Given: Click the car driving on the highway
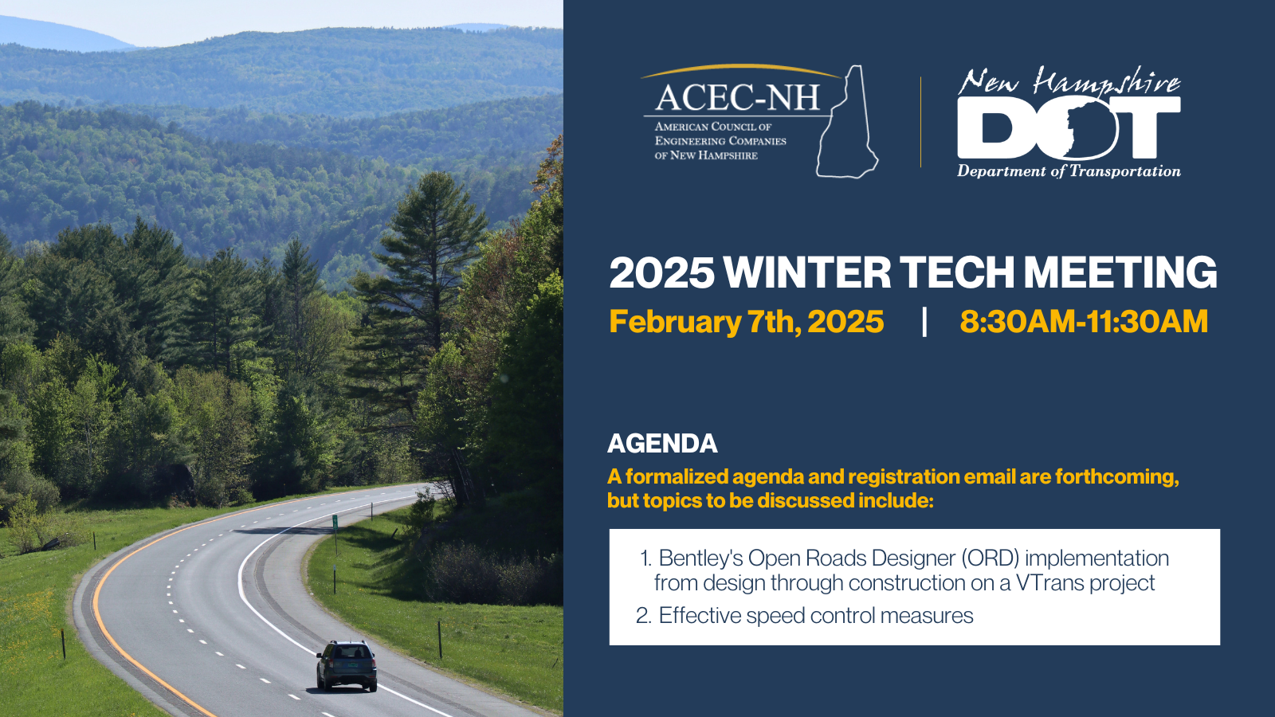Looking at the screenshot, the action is click(347, 665).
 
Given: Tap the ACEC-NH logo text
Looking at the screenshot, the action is click(737, 97).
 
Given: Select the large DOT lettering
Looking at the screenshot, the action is click(1069, 127).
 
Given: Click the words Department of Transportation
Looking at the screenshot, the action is click(1069, 170).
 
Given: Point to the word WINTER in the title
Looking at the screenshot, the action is click(807, 272).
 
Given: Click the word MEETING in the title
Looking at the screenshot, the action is click(1120, 272).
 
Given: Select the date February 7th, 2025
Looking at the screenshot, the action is click(746, 322).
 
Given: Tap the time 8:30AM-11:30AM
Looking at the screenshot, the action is click(1084, 321).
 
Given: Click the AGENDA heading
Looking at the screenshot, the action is click(662, 443).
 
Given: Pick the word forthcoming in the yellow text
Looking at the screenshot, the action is click(1116, 477).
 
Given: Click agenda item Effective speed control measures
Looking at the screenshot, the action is click(816, 615).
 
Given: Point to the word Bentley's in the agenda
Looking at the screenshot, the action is click(700, 558).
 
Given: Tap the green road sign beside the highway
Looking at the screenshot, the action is click(335, 521).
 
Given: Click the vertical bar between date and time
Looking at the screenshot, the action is click(924, 322).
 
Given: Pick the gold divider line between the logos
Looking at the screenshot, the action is click(920, 122).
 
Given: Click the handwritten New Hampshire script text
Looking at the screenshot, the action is click(1069, 80).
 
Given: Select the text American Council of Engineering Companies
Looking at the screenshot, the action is click(720, 134).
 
